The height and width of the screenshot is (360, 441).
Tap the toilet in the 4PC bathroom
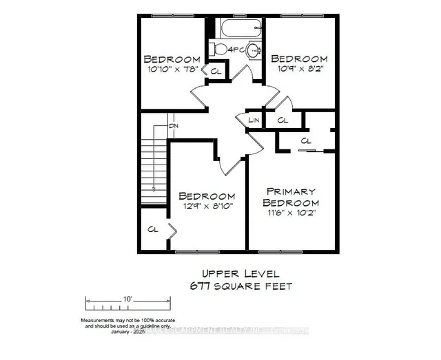pos(218,48)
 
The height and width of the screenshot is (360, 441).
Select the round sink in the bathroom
pos(254,50)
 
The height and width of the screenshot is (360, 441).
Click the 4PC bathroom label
pos(236,50)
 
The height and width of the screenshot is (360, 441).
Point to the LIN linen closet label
pos(254,120)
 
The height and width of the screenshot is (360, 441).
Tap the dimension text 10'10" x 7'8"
pos(172,70)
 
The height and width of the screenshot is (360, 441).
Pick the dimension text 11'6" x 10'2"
pos(292,213)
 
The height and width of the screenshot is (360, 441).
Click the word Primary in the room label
pos(292,191)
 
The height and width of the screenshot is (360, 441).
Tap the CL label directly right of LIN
pos(283,120)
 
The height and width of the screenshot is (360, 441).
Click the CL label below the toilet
pos(216,71)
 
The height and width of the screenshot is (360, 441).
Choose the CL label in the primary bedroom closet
pos(305,141)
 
